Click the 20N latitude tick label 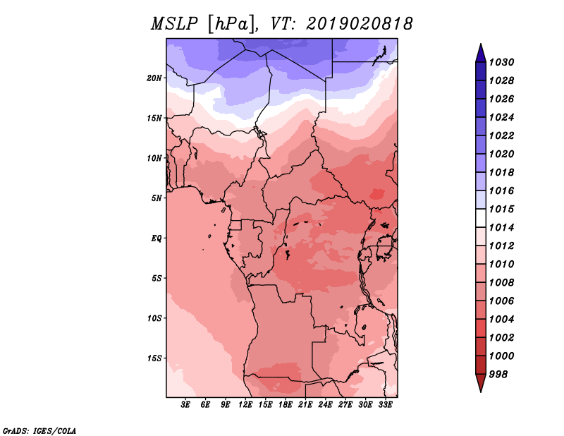click(154, 78)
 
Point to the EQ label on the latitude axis click(157, 238)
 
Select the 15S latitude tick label click(154, 358)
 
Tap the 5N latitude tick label click(157, 198)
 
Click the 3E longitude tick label click(185, 404)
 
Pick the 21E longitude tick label click(305, 404)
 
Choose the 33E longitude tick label click(385, 404)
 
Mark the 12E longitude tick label click(245, 404)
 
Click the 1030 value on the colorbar click(501, 62)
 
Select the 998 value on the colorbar click(498, 375)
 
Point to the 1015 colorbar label click(501, 209)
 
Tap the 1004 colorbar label click(501, 320)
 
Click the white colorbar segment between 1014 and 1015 click(481, 218)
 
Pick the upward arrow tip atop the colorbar click(481, 44)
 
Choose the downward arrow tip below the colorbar click(481, 392)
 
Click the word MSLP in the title click(174, 24)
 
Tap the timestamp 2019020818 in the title click(360, 24)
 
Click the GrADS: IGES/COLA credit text click(39, 431)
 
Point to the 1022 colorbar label click(501, 135)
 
